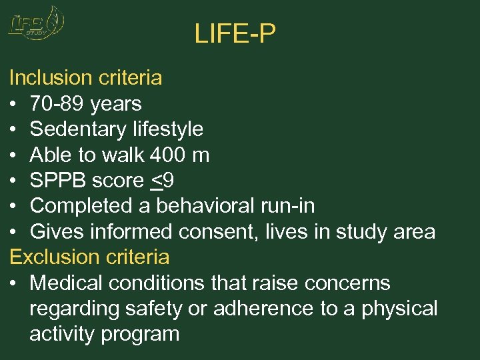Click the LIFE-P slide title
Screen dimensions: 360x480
(x=235, y=33)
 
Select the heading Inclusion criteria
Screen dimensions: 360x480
(x=85, y=78)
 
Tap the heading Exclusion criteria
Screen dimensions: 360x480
(x=89, y=257)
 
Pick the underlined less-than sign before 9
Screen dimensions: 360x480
(x=157, y=181)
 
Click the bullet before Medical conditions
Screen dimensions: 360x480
(x=13, y=283)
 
